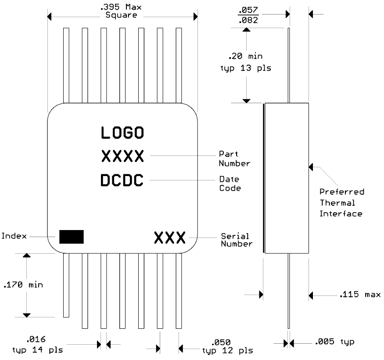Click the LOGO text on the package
coord(122,133)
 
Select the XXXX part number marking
coord(122,156)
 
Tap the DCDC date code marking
coord(122,180)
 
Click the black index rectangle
coord(72,236)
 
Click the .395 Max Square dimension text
coord(122,11)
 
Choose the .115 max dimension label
coord(359,295)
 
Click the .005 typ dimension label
coord(334,342)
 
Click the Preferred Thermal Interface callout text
coord(341,203)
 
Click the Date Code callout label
coord(230,183)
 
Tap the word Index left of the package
coord(13,236)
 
